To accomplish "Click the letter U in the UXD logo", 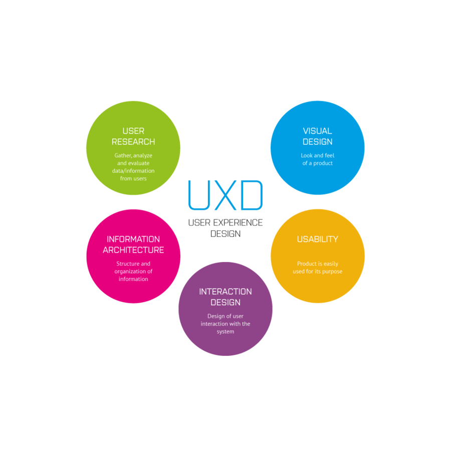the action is [198, 195].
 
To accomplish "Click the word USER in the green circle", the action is [133, 131].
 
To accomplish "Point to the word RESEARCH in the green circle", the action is [133, 142].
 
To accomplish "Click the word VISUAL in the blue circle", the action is [317, 131].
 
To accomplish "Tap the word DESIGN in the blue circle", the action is [317, 142].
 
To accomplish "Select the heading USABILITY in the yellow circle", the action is [317, 240].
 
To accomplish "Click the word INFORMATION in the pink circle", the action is [133, 240].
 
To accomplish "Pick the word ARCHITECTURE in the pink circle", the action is [133, 250].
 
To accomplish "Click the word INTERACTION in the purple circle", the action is [225, 292].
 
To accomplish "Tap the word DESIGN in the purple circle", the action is [225, 303].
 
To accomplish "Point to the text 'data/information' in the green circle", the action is [133, 171].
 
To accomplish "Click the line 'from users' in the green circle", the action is [133, 178].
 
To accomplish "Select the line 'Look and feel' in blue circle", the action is [317, 155].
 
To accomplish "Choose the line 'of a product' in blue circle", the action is [317, 163].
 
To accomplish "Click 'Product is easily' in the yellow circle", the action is [317, 264].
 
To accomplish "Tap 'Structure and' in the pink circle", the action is [133, 264].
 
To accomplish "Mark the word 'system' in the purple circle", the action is [225, 332].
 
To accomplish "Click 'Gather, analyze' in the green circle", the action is [133, 155].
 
